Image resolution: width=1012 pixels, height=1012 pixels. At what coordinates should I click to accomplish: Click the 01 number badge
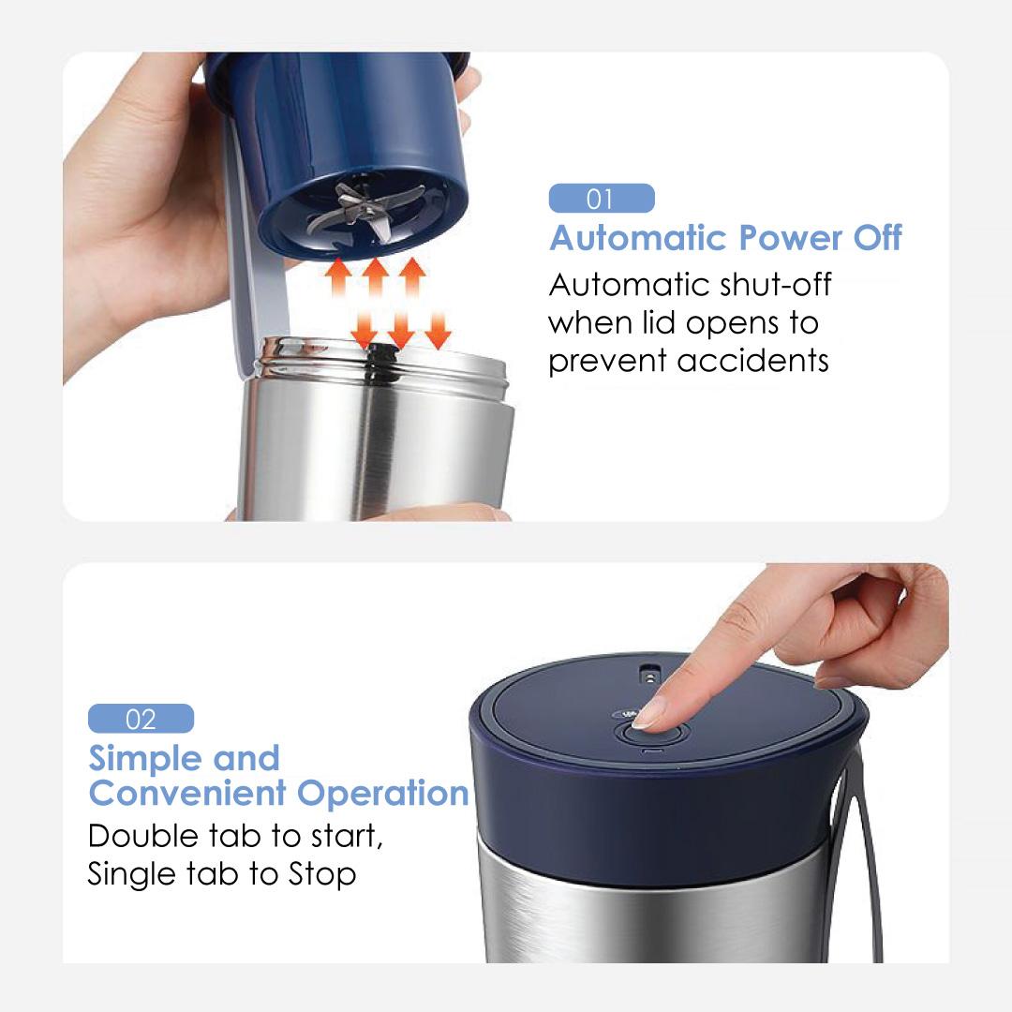602,198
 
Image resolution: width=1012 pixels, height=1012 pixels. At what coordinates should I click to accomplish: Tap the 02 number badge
141,719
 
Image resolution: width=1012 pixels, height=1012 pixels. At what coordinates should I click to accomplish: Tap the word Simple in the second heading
145,758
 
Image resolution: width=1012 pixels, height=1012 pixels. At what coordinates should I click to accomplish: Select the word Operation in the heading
382,794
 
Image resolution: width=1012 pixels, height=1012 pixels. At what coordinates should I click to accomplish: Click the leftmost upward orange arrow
337,277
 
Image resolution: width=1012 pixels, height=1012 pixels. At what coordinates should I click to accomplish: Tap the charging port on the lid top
647,675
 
